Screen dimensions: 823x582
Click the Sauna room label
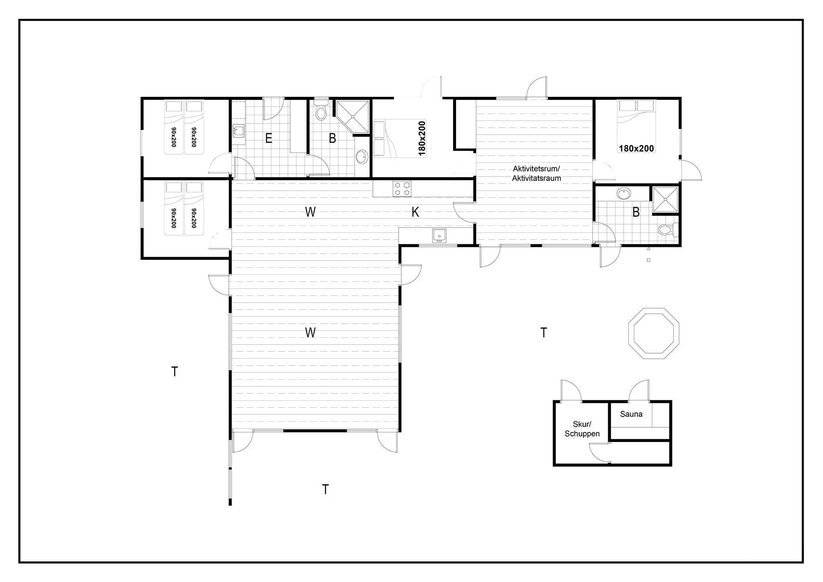(631, 414)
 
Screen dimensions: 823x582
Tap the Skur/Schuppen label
(582, 429)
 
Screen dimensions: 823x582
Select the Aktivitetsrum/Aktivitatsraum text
(536, 173)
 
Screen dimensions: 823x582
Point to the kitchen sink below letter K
(439, 236)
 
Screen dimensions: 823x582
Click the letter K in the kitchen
(415, 212)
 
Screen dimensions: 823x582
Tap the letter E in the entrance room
(269, 138)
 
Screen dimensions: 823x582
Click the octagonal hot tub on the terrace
(654, 333)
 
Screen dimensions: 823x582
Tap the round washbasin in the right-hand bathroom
(624, 194)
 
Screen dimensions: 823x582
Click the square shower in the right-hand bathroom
(665, 200)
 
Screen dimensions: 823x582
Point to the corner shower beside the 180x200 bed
(352, 117)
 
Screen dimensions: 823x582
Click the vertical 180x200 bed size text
(422, 138)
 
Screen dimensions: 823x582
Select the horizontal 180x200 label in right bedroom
(637, 149)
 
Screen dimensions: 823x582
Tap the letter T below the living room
(325, 489)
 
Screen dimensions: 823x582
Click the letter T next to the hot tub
(544, 332)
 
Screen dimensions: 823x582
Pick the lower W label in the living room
(310, 332)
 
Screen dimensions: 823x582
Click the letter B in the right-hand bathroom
(636, 212)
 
